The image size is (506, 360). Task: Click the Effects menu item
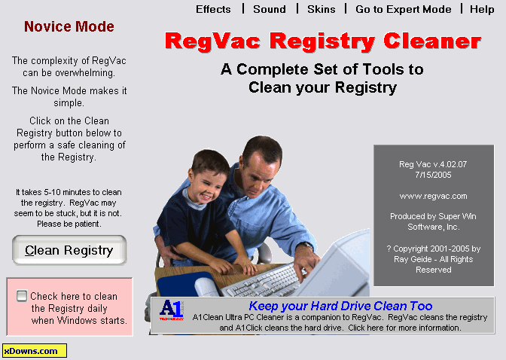coord(213,9)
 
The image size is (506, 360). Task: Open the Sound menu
coord(270,9)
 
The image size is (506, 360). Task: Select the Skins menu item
coord(321,9)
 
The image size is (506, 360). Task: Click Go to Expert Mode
coord(404,9)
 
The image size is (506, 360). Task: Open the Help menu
coord(482,9)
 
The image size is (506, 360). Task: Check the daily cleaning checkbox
coord(22,296)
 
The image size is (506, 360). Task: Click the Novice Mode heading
coord(69,26)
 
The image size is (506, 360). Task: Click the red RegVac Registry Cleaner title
coord(323,41)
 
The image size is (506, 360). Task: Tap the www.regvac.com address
coord(433,196)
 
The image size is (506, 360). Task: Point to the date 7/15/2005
coord(433,175)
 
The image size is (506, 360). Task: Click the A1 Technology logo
coord(172,310)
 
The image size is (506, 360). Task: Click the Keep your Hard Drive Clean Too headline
coord(340,306)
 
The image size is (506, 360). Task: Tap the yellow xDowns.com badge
coord(35,351)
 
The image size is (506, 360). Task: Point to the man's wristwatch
coord(307,246)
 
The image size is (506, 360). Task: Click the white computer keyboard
coord(264,281)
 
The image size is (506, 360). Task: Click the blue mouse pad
coord(181,284)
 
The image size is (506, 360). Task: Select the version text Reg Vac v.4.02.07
coord(433,164)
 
